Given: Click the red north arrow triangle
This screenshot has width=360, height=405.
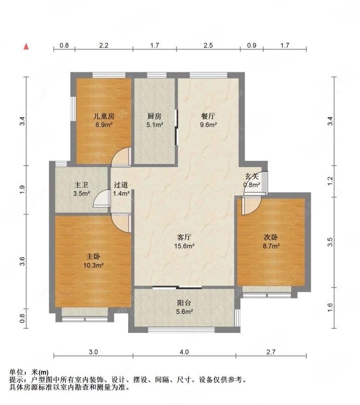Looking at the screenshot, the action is (26, 47).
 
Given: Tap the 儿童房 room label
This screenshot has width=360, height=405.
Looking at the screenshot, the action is (104, 116).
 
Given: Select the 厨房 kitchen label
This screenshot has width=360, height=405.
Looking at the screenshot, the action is (154, 116).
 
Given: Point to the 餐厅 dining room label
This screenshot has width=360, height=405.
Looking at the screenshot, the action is (208, 116).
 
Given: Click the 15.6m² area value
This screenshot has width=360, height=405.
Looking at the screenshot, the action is (184, 246).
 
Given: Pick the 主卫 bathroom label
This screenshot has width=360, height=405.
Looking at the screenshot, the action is (82, 185).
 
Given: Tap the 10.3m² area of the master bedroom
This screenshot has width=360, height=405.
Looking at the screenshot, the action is (94, 265).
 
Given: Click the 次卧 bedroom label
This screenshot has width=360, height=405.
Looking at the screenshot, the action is (271, 237).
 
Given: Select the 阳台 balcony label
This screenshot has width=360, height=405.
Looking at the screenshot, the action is (184, 303).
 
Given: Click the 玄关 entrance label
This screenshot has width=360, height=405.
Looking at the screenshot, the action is (252, 176).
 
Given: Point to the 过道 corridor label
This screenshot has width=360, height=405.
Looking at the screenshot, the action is (121, 185).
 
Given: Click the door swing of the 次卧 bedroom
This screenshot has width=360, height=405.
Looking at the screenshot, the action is (252, 206).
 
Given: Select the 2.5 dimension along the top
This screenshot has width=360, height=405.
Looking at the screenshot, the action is (208, 46).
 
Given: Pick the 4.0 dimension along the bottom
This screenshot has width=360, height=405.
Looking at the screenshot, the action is (184, 352).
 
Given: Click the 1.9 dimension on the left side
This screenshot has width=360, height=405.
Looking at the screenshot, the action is (22, 189).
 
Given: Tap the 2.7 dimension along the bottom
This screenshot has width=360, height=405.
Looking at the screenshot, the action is (271, 352).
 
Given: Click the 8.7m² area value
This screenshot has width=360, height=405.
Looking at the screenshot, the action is (271, 246).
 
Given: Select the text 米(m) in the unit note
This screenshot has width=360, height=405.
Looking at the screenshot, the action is (40, 372).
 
